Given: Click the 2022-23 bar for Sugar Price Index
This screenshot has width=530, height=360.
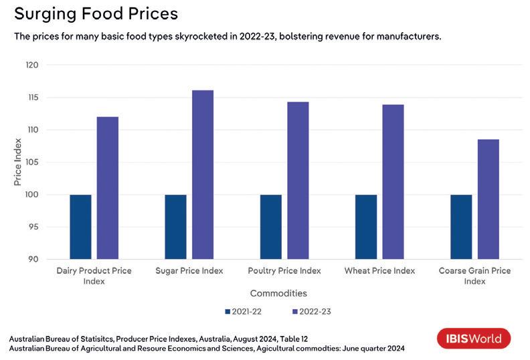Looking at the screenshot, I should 203,175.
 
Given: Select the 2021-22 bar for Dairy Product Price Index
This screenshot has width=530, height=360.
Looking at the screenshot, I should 80,227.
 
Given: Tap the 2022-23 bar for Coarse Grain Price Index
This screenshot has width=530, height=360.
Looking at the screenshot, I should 488,199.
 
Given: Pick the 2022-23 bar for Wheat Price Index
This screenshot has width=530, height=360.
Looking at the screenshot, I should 393,181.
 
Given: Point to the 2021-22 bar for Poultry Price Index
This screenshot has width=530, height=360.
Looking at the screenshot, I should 270,227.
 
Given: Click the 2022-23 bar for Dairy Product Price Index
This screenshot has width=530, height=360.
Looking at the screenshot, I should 108,188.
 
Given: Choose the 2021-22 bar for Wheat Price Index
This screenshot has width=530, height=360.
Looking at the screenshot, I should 366,227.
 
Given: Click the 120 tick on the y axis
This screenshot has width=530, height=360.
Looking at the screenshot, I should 33,65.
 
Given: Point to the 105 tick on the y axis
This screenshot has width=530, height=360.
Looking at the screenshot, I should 33,163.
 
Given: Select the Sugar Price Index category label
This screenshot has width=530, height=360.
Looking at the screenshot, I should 189,271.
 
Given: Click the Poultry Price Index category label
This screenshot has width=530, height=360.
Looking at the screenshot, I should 284,271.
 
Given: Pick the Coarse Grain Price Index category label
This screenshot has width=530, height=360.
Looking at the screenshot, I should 474,276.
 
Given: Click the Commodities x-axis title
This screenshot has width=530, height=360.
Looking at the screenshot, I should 278,294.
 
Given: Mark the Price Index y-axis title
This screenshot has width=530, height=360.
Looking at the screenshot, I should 18,162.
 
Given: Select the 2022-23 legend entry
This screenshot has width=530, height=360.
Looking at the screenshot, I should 313,312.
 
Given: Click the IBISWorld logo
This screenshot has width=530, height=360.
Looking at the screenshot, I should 474,339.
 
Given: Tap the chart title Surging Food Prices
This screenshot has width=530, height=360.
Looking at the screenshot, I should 97,13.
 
